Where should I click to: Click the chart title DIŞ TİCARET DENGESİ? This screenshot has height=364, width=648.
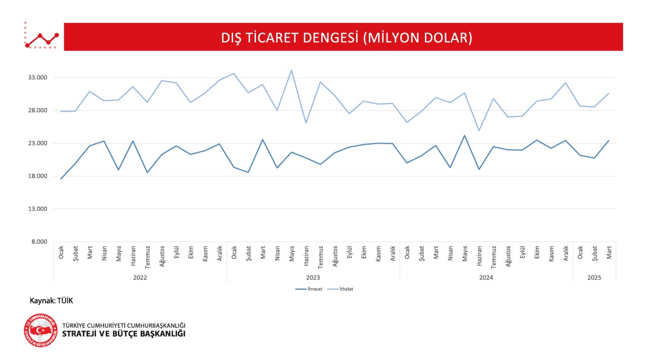[347, 38]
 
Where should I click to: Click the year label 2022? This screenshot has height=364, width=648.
[140, 278]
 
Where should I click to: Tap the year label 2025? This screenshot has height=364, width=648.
[594, 278]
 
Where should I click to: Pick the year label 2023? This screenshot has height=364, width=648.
[313, 278]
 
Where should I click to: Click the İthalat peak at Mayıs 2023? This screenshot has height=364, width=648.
[291, 70]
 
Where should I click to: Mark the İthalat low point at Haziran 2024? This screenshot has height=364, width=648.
[479, 131]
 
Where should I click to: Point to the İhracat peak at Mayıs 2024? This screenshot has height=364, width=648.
[464, 135]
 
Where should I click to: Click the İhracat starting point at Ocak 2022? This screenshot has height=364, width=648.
[61, 179]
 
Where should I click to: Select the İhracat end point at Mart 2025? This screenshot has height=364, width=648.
[609, 141]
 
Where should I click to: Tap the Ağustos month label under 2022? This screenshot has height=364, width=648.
[162, 256]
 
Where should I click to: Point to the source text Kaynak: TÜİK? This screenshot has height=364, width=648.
[52, 301]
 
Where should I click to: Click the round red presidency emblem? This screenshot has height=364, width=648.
[41, 330]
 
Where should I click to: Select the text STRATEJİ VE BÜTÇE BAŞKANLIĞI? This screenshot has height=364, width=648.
[123, 334]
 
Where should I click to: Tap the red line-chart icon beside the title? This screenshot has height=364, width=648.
[41, 36]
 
